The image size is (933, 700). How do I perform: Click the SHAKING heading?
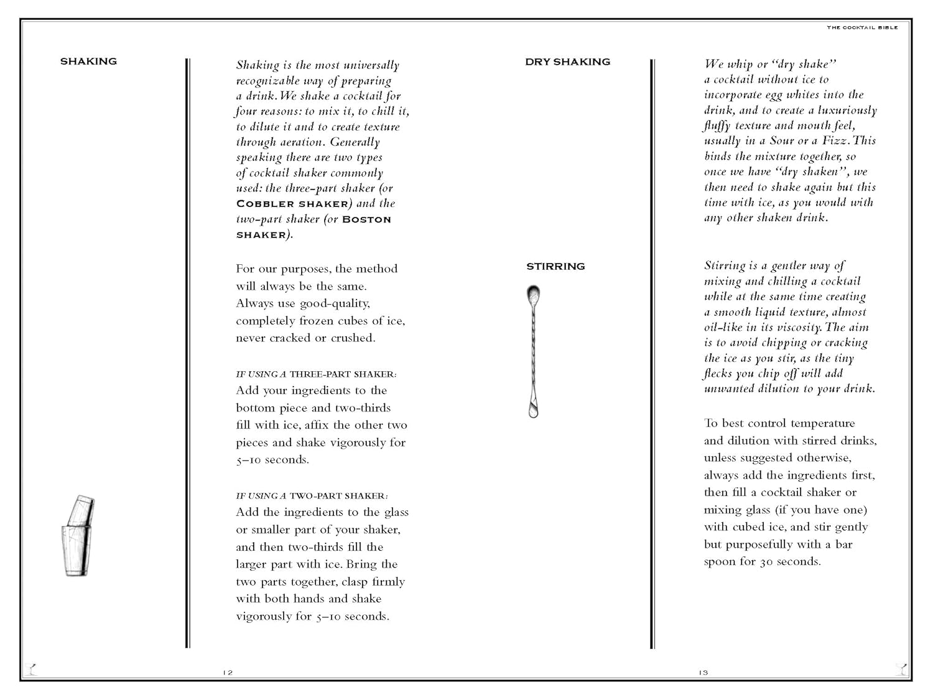click(x=88, y=62)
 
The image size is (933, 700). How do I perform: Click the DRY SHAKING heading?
click(x=567, y=62)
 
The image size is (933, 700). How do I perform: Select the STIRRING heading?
click(x=555, y=267)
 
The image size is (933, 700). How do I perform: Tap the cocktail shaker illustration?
click(x=78, y=536)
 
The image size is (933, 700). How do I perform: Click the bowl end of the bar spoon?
click(x=533, y=294)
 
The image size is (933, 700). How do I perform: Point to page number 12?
click(x=228, y=673)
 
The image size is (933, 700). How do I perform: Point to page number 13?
click(x=703, y=673)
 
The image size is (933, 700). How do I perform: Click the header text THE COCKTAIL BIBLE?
click(x=862, y=27)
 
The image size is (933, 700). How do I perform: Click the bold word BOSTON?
click(x=366, y=219)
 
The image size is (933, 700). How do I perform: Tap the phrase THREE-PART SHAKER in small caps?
click(x=341, y=374)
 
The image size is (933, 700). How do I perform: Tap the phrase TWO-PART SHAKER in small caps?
click(x=337, y=496)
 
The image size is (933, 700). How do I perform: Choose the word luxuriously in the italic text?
click(x=847, y=111)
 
